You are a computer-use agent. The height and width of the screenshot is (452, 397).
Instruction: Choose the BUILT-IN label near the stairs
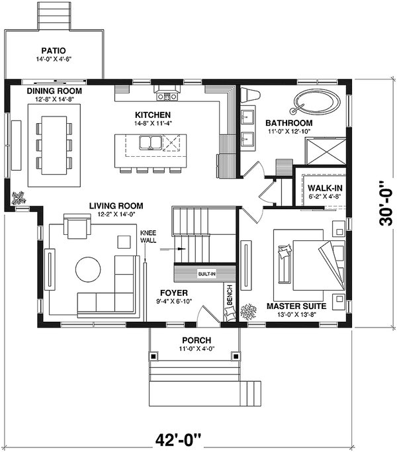point(206,273)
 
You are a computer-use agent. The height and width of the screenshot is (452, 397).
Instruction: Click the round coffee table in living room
point(89,269)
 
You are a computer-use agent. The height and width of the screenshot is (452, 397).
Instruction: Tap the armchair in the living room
point(77,227)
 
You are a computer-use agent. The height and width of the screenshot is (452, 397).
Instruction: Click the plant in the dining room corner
point(19,197)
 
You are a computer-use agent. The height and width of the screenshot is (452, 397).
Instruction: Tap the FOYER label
point(175,292)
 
